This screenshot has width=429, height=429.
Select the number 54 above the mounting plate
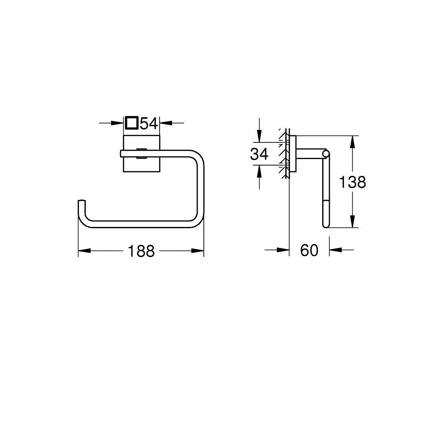pyautogui.click(x=150, y=123)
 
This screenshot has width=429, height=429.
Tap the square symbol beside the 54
pyautogui.click(x=132, y=123)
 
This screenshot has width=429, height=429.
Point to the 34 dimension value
pyautogui.click(x=259, y=154)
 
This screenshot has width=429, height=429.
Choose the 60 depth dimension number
pyautogui.click(x=309, y=250)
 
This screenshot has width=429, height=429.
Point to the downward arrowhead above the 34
pyautogui.click(x=259, y=137)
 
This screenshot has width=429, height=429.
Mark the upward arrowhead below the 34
pyautogui.click(x=259, y=171)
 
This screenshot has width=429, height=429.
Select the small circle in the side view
pyautogui.click(x=326, y=153)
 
